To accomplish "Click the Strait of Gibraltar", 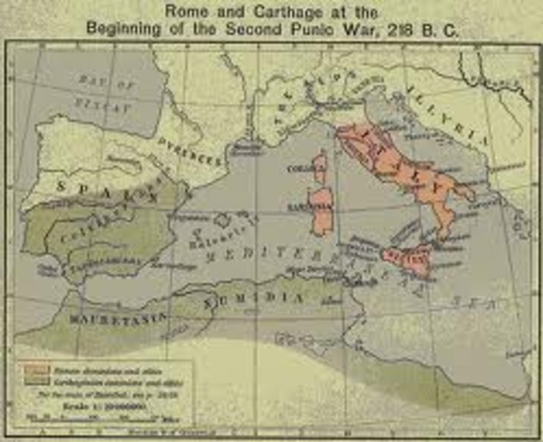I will coord(57,276).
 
